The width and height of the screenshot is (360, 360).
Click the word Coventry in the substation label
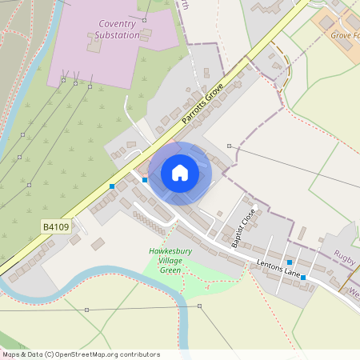pyautogui.click(x=118, y=25)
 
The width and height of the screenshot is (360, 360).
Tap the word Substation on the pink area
pyautogui.click(x=117, y=35)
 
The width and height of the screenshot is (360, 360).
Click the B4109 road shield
pyautogui.click(x=55, y=227)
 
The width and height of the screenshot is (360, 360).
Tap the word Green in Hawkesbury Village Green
pyautogui.click(x=170, y=270)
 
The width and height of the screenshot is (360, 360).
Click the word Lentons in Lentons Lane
pyautogui.click(x=270, y=263)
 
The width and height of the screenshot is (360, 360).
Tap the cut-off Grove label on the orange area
pyautogui.click(x=345, y=34)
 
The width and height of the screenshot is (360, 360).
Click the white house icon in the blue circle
pyautogui.click(x=180, y=173)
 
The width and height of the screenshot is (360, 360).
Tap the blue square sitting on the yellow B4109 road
pyautogui.click(x=112, y=186)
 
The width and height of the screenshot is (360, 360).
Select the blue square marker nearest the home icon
pyautogui.click(x=144, y=179)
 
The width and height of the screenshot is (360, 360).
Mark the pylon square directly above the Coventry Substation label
pyautogui.click(x=144, y=18)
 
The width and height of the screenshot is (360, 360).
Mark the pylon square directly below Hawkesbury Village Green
pyautogui.click(x=200, y=306)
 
